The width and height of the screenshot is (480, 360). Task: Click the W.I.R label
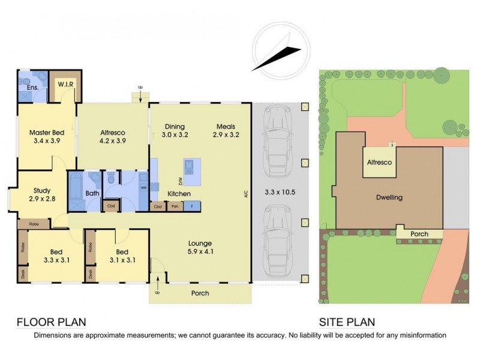click(x=65, y=85)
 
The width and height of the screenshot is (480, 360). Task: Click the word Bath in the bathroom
click(x=92, y=194)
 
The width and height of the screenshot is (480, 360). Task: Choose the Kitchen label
click(x=179, y=194)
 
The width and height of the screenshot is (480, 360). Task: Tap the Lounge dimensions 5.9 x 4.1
click(x=200, y=252)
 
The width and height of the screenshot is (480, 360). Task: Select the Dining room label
click(x=175, y=126)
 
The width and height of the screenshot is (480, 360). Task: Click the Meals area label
click(x=226, y=126)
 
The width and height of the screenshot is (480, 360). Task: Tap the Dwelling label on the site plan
click(x=389, y=197)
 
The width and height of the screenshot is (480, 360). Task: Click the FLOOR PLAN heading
click(x=51, y=322)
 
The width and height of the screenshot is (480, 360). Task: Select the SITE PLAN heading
click(x=347, y=322)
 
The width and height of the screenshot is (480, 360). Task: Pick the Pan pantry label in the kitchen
click(x=175, y=206)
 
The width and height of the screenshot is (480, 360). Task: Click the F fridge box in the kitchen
click(x=191, y=206)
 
